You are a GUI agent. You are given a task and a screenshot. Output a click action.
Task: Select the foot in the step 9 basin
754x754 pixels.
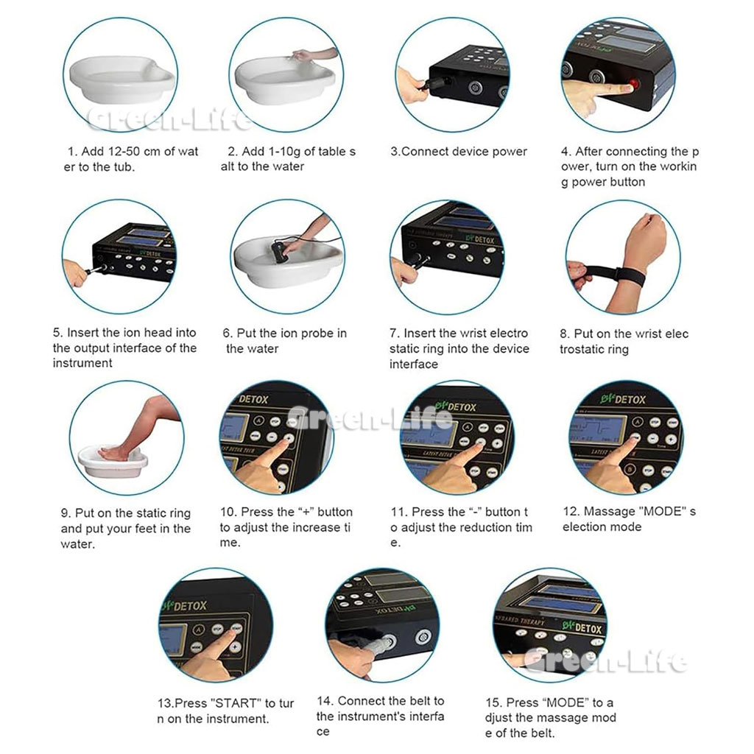tap(116, 452)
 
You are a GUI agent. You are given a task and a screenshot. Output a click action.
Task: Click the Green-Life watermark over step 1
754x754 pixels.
tap(169, 119)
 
